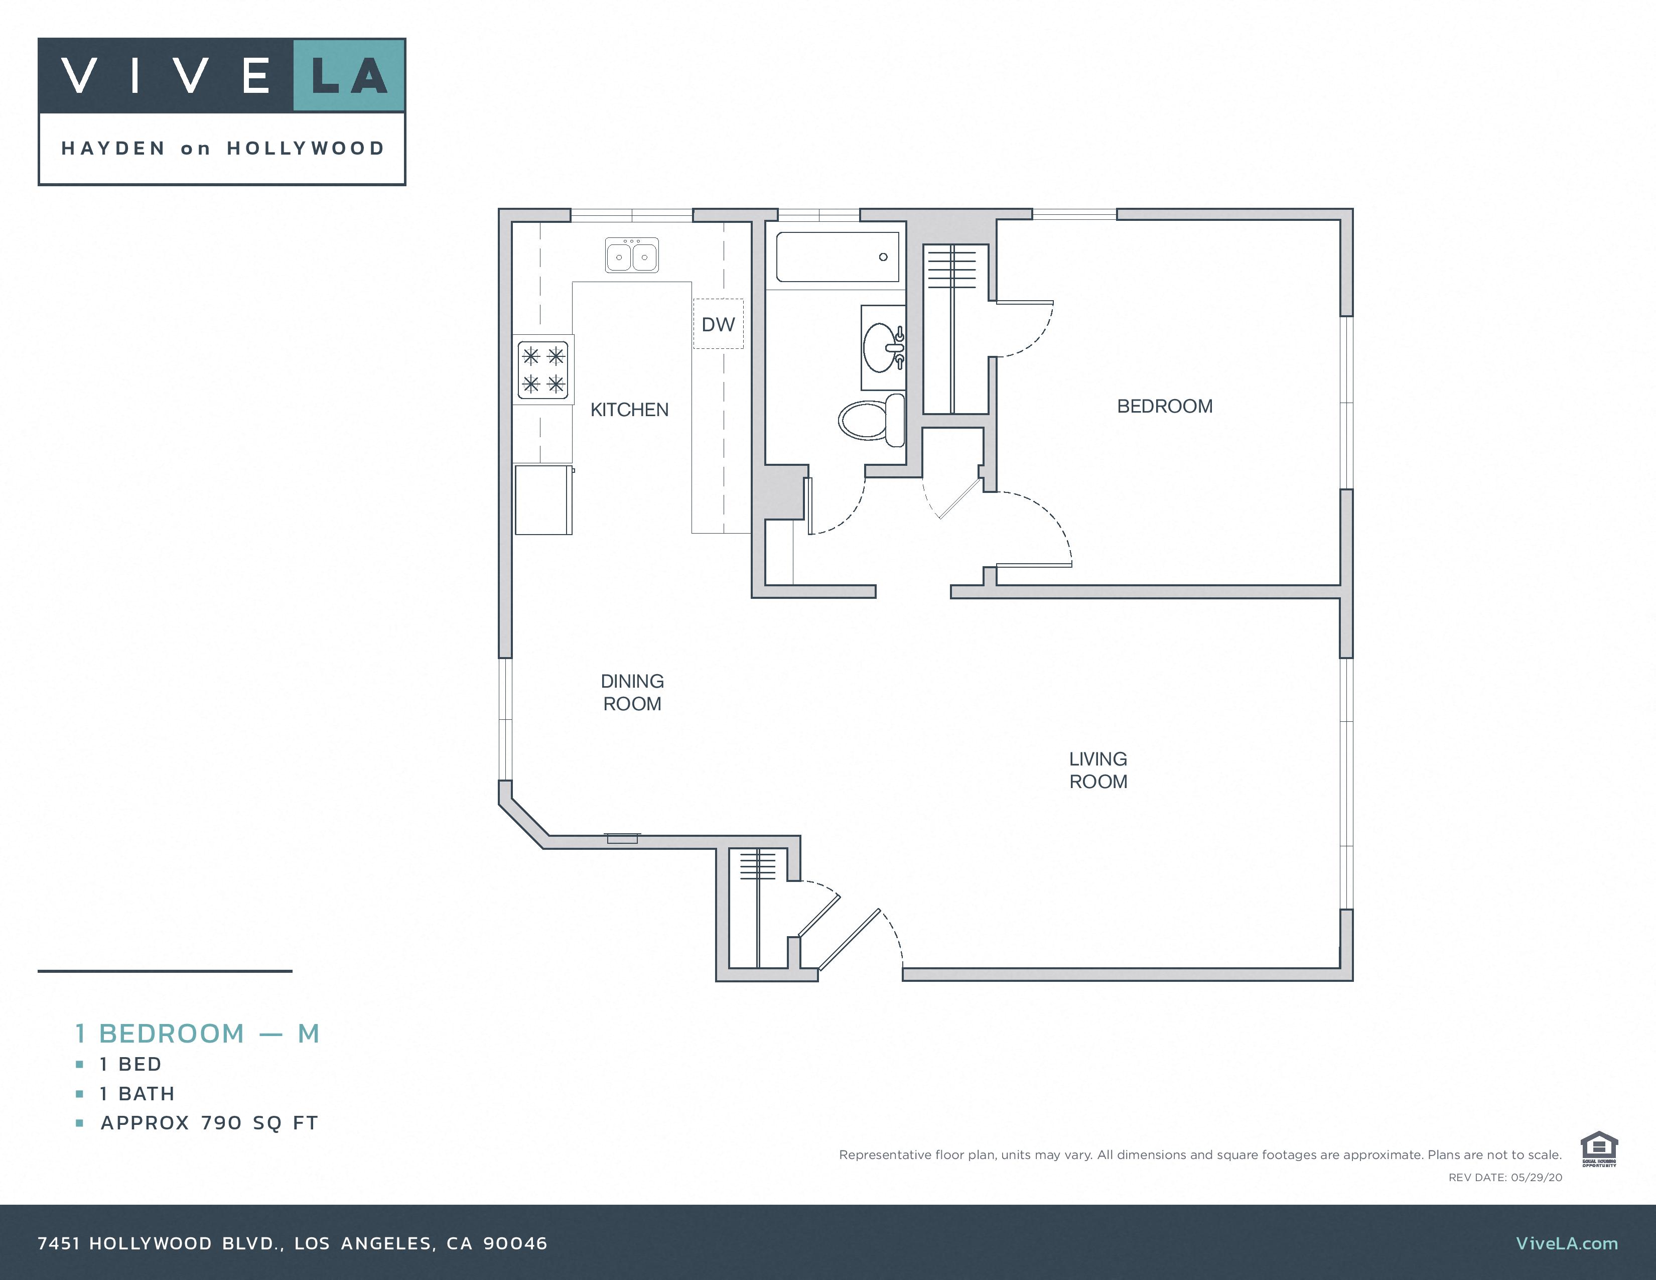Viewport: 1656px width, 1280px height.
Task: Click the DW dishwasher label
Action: tap(718, 325)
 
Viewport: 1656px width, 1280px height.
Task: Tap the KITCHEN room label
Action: tap(629, 410)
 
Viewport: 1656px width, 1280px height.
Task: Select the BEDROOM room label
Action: tap(1165, 407)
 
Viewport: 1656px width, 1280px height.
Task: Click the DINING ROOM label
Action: tap(632, 692)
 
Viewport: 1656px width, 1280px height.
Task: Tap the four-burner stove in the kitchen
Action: tap(543, 370)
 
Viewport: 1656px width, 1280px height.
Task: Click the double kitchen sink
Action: tap(632, 255)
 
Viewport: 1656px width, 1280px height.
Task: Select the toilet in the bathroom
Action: tap(872, 419)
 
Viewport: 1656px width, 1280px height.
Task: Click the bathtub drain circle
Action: tap(883, 257)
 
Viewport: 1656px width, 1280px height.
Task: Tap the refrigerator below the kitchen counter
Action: tap(543, 500)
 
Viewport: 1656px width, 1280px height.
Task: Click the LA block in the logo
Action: tap(349, 76)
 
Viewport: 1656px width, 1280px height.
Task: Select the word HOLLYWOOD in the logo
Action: tap(306, 149)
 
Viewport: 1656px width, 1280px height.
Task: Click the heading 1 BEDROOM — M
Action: tap(197, 1034)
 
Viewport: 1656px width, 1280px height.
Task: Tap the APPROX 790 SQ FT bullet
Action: tap(209, 1123)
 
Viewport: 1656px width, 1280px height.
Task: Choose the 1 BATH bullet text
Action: tap(137, 1093)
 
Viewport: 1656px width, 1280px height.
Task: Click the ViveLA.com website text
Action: tap(1567, 1243)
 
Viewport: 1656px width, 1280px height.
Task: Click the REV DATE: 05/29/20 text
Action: tap(1505, 1178)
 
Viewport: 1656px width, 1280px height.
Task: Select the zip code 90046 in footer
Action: tap(515, 1243)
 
